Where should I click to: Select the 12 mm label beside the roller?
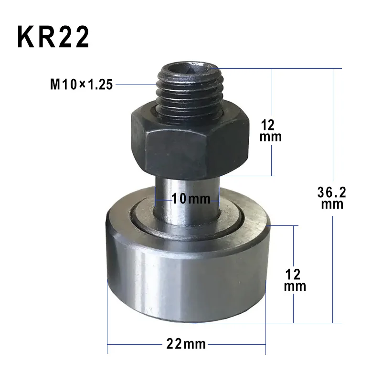pyautogui.click(x=294, y=280)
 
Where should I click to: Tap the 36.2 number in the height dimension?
pyautogui.click(x=331, y=192)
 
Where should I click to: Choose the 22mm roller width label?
pyautogui.click(x=186, y=343)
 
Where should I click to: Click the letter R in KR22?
pyautogui.click(x=49, y=37)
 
